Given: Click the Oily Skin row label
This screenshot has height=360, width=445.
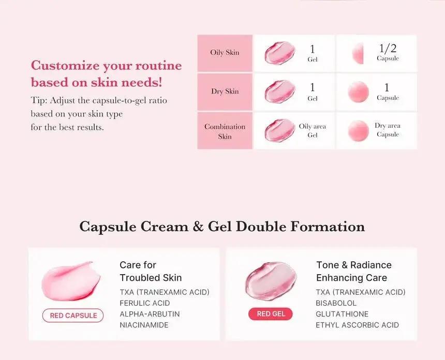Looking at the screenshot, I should point(225,53).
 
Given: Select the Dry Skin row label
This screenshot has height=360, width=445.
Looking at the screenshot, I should point(225,92).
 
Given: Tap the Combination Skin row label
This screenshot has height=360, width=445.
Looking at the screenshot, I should point(225,131).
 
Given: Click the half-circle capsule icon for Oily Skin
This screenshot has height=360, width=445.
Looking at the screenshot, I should point(357,53).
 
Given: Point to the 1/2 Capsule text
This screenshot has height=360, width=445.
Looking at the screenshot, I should point(388,52).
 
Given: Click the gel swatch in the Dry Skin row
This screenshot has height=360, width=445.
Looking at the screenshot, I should point(280,92).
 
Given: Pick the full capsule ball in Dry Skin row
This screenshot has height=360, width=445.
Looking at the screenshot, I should point(358,92).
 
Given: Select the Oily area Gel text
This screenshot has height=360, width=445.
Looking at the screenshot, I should point(313,130).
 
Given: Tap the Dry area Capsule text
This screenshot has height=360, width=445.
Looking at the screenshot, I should point(388,130).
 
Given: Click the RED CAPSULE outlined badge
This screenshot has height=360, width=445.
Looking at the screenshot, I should point(73,316).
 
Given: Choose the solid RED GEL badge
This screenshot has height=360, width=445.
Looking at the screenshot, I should point(271,314).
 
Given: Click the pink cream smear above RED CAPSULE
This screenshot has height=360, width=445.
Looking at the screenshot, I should point(71,282).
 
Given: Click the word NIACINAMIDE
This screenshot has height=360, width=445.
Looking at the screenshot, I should point(144,325).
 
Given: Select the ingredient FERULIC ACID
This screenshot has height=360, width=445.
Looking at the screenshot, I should point(145,303).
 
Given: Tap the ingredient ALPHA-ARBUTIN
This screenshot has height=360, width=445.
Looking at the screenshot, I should point(150,314).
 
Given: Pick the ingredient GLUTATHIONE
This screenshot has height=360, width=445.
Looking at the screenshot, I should point(342,314).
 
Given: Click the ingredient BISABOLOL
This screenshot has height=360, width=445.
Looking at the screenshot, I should point(336,303).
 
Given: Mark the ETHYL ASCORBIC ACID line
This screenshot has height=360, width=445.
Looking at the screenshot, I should point(358,325).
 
